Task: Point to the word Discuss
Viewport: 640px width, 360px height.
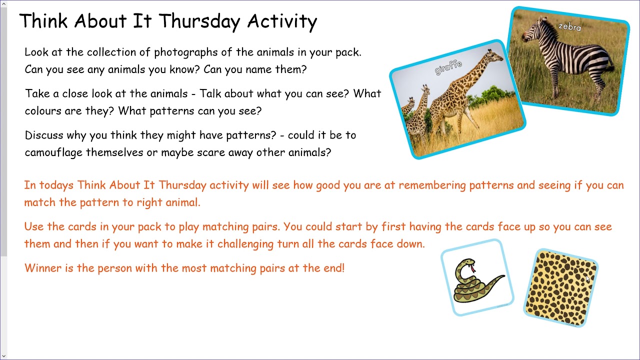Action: [x=43, y=135]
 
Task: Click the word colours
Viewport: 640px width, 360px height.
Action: [x=43, y=111]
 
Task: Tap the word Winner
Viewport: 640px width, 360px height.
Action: [x=42, y=268]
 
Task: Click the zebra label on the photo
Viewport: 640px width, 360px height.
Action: [x=570, y=26]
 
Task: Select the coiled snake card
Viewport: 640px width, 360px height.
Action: [x=477, y=278]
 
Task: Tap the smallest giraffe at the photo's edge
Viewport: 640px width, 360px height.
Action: [x=409, y=106]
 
